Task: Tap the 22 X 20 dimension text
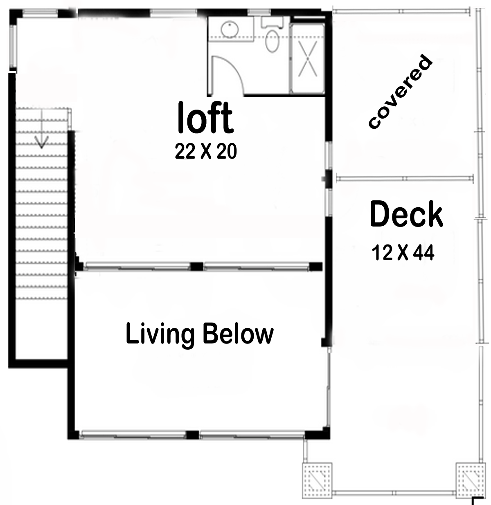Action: [x=206, y=151]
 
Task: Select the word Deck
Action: [x=406, y=214]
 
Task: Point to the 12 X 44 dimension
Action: [x=403, y=253]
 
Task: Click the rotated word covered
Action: [x=401, y=91]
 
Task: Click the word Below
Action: [x=238, y=334]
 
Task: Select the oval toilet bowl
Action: [x=273, y=42]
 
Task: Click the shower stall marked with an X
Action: [x=308, y=58]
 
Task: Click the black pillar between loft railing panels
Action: [x=197, y=267]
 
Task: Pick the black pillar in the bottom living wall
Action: [x=192, y=435]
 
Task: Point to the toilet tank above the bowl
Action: [x=272, y=22]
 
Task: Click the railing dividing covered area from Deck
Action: [x=405, y=178]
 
